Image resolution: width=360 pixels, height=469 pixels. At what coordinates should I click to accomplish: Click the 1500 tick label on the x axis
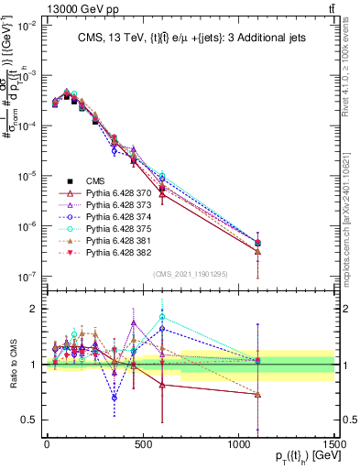click(x=334, y=442)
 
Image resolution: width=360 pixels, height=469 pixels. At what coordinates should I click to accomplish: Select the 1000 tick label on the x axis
click(x=238, y=442)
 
